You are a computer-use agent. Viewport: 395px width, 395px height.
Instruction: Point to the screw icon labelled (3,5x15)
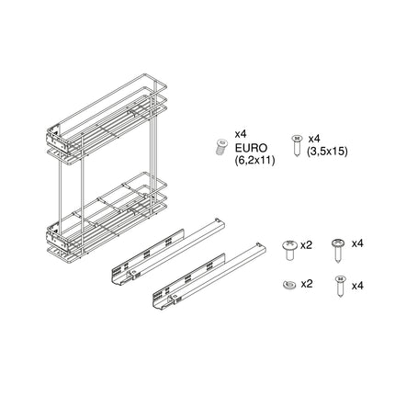point(297,143)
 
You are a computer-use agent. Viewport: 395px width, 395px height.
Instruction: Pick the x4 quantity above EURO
point(243,133)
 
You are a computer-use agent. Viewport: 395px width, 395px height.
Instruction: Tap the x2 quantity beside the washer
point(308,285)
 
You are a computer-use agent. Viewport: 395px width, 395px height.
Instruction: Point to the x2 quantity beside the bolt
point(308,245)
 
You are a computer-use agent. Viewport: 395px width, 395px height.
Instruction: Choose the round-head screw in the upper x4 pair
point(338,246)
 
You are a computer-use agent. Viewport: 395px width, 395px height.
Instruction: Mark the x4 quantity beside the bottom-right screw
point(357,285)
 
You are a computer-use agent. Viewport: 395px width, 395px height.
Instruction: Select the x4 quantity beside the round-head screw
point(357,243)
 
